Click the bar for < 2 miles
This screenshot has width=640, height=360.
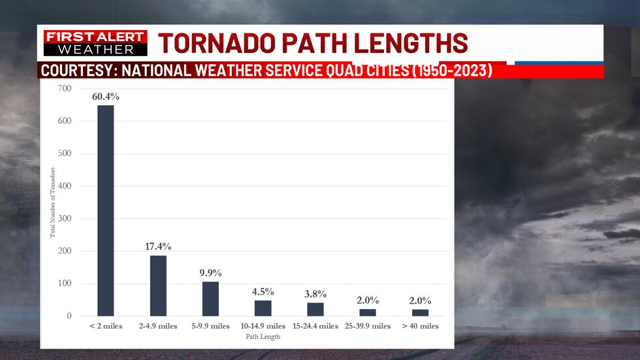click(106, 210)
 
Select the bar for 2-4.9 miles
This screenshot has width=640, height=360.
click(158, 286)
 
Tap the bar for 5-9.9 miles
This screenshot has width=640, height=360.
click(210, 299)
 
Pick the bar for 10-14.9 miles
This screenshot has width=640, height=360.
click(263, 308)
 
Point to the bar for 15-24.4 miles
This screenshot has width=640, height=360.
click(315, 309)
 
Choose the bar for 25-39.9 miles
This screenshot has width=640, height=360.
click(368, 312)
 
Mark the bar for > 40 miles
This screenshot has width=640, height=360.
click(420, 312)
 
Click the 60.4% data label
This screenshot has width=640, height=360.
click(106, 97)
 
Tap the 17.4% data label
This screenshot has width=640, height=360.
click(158, 246)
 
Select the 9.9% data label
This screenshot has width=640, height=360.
click(211, 272)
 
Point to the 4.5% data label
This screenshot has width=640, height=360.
click(263, 291)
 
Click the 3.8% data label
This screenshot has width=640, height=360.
click(315, 294)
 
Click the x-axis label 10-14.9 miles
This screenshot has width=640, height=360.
click(263, 326)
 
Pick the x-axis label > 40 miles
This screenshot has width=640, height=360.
click(420, 326)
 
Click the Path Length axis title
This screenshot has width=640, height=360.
click(264, 337)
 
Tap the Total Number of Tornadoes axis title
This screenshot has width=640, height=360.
click(53, 202)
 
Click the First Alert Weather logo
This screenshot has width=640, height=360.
click(95, 43)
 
